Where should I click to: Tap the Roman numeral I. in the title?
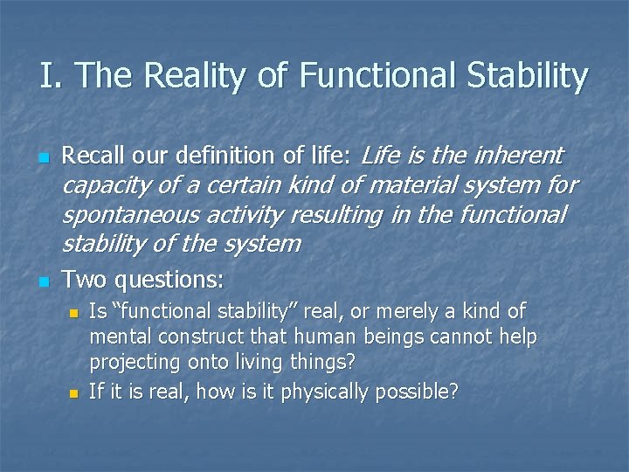click(48, 76)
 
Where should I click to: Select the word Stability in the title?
click(529, 76)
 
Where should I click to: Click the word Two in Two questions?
click(84, 280)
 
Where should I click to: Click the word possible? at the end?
click(418, 392)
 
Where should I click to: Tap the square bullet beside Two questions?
click(43, 282)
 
